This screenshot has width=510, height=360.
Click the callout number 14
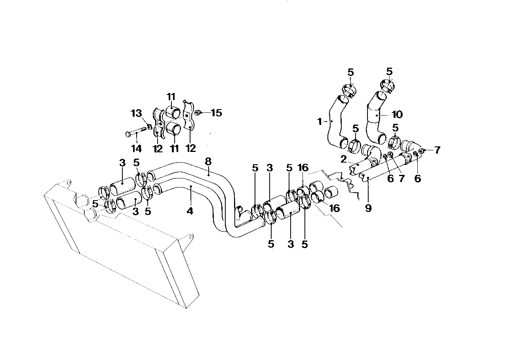pos(136,148)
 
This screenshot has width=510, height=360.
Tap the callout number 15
pos(216,113)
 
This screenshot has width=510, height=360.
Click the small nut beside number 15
pos(200,113)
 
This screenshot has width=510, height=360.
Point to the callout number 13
pos(136,114)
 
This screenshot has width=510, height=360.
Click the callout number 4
pos(190,211)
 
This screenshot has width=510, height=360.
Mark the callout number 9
pos(368,207)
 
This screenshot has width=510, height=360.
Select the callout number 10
pos(397,114)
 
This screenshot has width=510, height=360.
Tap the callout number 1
pos(319,122)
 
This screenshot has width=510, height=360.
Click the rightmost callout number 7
pos(437,150)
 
